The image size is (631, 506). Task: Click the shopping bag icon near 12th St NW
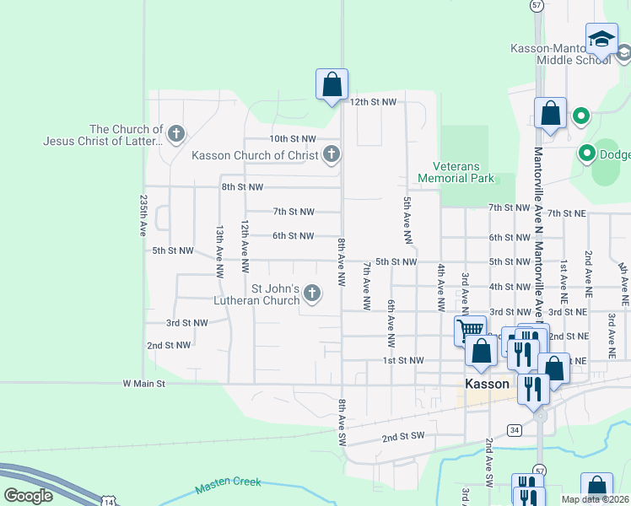(332, 84)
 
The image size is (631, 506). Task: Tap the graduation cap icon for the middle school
(601, 40)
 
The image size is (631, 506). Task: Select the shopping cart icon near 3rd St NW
(470, 329)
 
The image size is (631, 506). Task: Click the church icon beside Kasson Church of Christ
(332, 154)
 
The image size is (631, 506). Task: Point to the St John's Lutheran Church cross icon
(312, 293)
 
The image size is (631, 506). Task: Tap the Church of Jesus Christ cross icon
(175, 133)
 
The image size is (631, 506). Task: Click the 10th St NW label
(292, 138)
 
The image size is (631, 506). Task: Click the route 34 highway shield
(514, 430)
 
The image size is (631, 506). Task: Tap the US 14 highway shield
(109, 501)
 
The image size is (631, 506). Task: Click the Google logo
(28, 496)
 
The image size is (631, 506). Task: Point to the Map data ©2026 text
(594, 499)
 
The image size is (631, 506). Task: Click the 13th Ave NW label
(219, 251)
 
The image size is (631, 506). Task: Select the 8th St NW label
(242, 186)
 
